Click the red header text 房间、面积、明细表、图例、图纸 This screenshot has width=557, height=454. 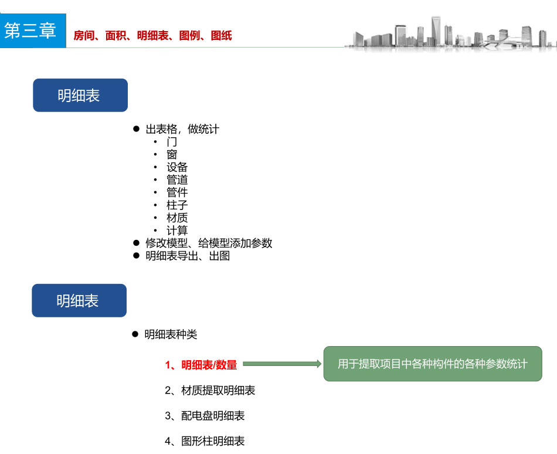152,36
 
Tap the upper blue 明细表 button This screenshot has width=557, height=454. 80,96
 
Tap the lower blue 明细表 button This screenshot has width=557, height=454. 79,301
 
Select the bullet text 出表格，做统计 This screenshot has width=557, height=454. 182,129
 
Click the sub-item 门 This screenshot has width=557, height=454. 172,142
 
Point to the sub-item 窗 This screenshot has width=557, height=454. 172,155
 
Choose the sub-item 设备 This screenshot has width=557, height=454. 177,168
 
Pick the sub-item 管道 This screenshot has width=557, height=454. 177,180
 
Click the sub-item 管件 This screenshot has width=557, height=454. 177,192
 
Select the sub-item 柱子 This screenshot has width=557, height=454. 177,205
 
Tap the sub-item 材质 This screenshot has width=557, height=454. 177,218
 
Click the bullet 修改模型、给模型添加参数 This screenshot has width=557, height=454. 209,243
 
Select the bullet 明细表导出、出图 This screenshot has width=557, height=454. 188,256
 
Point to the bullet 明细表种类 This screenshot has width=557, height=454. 171,335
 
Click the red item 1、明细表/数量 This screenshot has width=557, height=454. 201,365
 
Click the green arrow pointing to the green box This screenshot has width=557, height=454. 282,364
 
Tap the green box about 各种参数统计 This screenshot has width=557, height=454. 433,364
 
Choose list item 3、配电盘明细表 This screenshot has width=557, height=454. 205,416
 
